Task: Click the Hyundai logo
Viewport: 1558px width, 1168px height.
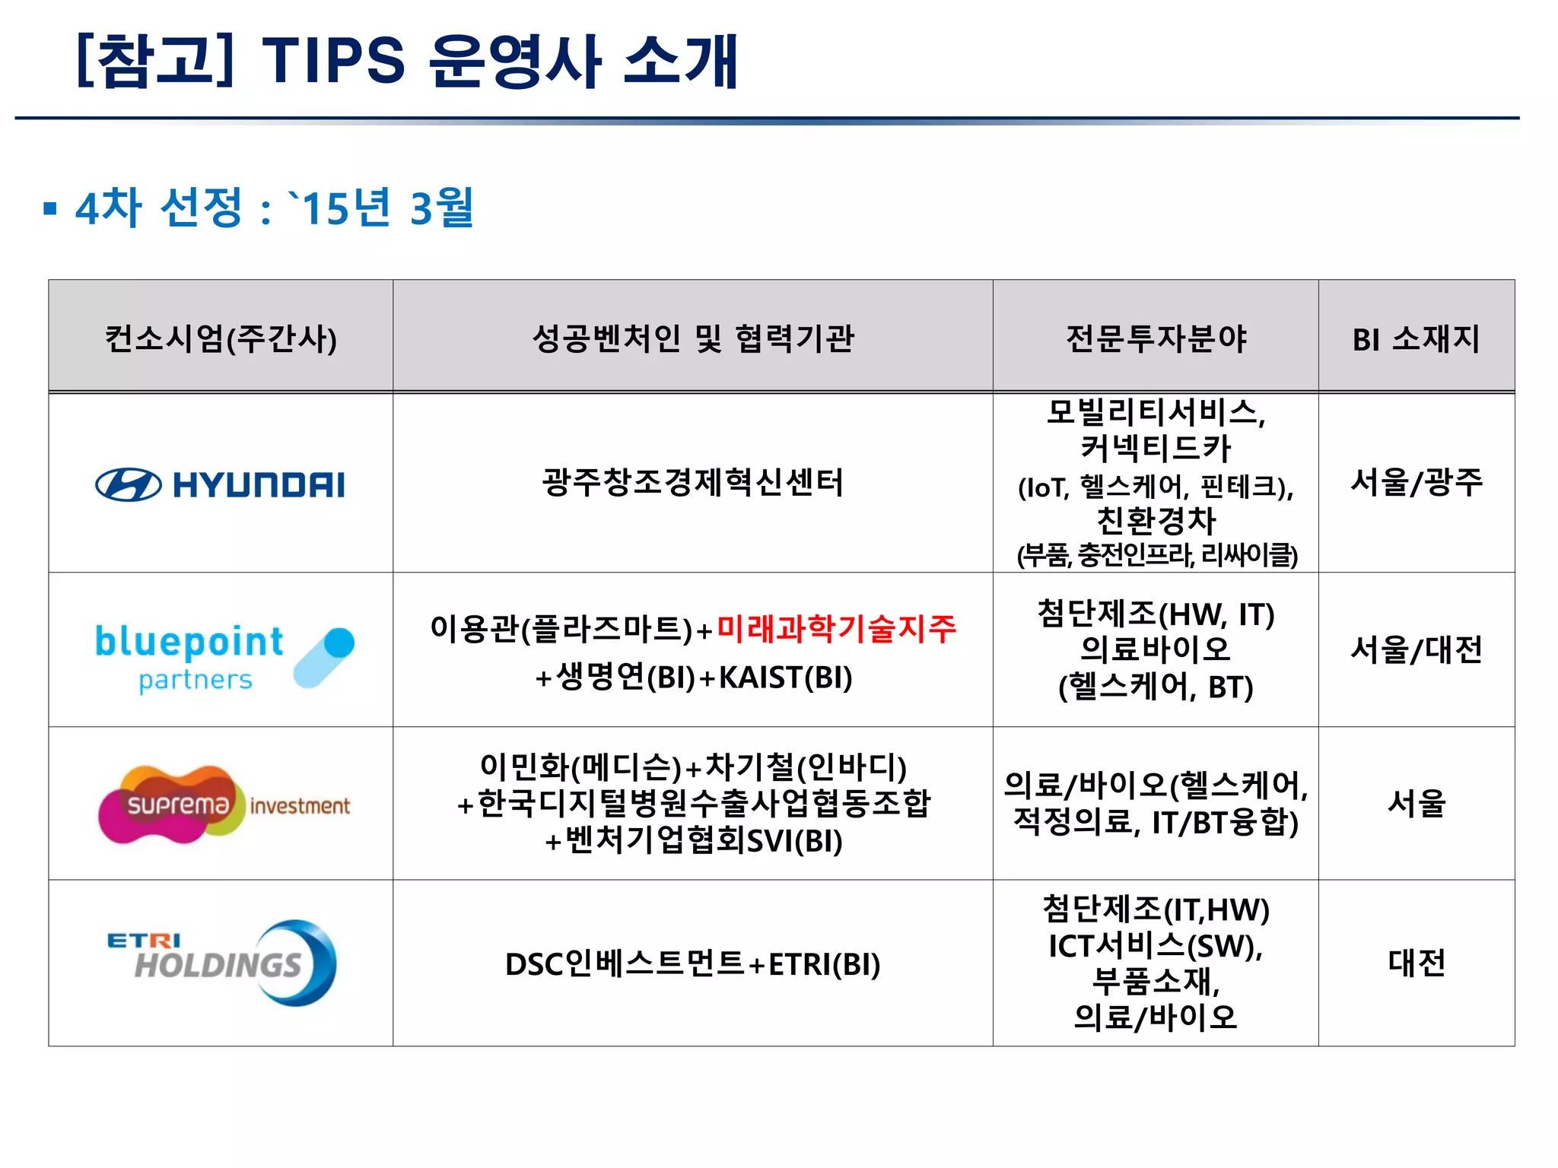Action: [220, 484]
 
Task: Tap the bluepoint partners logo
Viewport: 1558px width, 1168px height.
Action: [224, 658]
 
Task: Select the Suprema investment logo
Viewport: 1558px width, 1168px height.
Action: [224, 805]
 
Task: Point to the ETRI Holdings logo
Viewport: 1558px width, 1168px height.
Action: [221, 963]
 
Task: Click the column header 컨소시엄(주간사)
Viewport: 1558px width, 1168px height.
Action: [221, 338]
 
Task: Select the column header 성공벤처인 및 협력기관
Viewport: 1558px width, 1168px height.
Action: [692, 338]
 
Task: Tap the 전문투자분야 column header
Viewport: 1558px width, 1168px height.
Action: [1156, 338]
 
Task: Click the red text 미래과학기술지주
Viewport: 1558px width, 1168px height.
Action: [836, 629]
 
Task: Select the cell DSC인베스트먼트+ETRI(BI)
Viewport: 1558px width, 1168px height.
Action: [692, 964]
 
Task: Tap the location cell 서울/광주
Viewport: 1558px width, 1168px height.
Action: [1416, 482]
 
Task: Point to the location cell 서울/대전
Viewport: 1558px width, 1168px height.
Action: [1416, 649]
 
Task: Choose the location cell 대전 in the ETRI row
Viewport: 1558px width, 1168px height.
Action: [1416, 963]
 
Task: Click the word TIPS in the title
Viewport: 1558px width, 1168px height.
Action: [333, 61]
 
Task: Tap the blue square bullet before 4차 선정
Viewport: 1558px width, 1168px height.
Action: [50, 208]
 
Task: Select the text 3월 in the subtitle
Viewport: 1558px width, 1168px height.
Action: [442, 207]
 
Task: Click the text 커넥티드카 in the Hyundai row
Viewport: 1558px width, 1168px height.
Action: [1156, 448]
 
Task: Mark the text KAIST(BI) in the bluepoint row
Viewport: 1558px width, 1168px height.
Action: [785, 678]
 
